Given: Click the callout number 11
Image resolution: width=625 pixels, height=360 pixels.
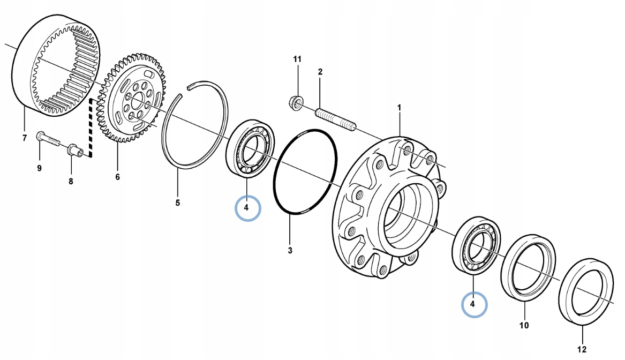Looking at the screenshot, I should [297, 58].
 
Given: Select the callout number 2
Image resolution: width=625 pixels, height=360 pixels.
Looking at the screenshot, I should [320, 71].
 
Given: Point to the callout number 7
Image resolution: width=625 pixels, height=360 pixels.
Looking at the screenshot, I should [24, 139].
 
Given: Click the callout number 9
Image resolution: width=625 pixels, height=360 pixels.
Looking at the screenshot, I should [39, 169].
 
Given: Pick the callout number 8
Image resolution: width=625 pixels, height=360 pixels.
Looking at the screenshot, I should [71, 182].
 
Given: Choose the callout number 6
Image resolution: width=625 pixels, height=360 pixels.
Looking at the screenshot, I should [117, 177].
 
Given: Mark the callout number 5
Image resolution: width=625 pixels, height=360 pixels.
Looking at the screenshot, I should [178, 203].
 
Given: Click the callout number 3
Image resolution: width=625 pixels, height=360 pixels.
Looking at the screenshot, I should [290, 250].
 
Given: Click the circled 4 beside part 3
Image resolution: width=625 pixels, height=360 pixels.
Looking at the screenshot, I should [247, 206].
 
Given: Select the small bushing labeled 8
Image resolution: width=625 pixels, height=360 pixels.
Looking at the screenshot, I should [75, 150].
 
